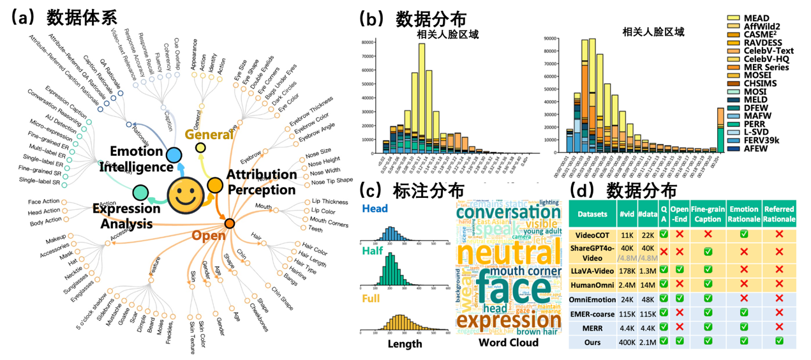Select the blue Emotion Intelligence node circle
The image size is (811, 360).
tap(172, 154)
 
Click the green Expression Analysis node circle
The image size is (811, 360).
tap(141, 191)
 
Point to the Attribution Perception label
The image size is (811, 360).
tap(262, 182)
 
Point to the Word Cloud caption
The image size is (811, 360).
tap(508, 343)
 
